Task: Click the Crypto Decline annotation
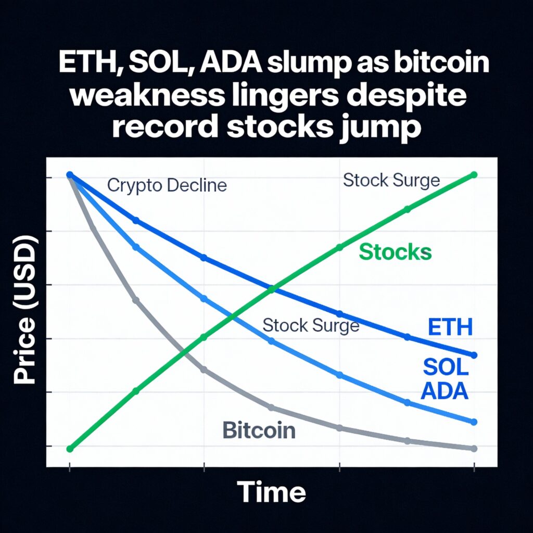point(167,186)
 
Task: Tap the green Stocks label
point(396,252)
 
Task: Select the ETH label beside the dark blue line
point(450,327)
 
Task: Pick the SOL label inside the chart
point(446,367)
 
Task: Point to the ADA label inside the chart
point(445,391)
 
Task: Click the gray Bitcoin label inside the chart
point(259,430)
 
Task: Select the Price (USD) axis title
point(24,310)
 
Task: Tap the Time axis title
point(271,491)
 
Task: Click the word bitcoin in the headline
point(441,63)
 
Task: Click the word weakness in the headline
point(147,95)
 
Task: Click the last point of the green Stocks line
point(474,175)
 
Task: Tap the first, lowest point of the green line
point(70,449)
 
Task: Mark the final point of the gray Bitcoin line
point(474,449)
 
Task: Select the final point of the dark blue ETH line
point(474,355)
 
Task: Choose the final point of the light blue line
point(474,422)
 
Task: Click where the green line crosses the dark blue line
point(271,289)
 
